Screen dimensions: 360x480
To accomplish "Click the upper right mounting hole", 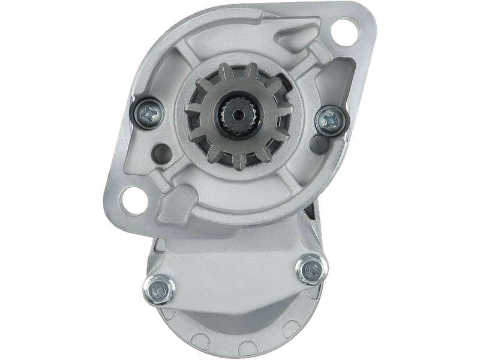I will point(344,28).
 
